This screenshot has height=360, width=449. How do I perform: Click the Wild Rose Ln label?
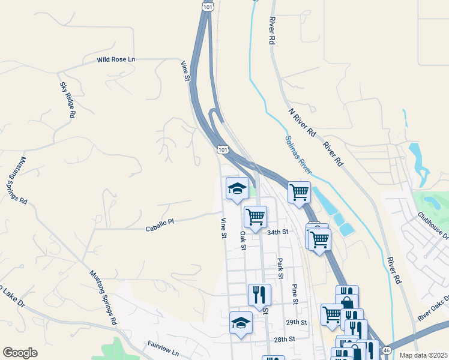116,60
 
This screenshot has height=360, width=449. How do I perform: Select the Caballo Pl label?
160,222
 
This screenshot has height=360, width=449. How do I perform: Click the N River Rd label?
302,122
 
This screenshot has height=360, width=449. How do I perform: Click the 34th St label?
278,232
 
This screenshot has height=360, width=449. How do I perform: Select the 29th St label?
296,322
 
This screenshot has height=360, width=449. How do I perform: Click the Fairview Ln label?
164,347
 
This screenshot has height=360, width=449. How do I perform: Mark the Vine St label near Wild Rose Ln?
186,70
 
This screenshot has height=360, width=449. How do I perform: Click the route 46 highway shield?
387,350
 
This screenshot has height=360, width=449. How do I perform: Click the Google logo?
20,353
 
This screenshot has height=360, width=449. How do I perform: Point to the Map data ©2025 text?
423,355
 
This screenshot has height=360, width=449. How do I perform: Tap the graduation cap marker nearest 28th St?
241,323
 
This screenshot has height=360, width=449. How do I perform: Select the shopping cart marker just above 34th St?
256,217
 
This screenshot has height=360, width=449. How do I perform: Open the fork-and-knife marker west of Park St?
259,295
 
